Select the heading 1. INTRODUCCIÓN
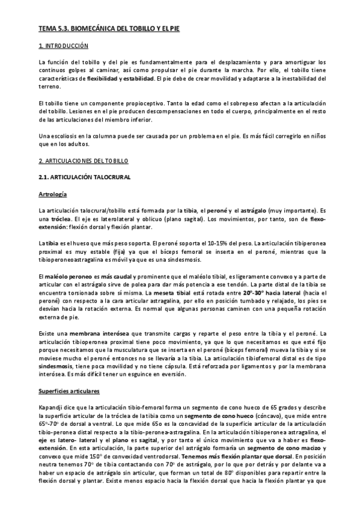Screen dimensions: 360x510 63,46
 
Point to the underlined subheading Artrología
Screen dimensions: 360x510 53,195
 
